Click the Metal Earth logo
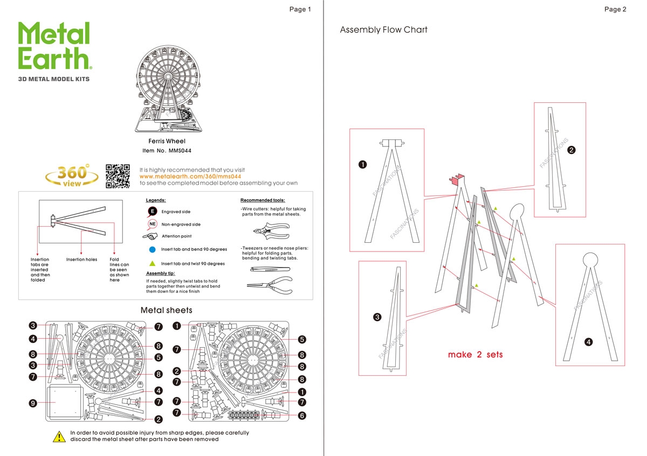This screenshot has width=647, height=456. click(x=54, y=47)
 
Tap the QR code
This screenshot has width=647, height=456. click(x=118, y=176)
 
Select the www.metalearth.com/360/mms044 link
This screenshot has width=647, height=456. click(x=190, y=176)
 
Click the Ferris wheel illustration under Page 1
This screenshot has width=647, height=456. click(x=167, y=88)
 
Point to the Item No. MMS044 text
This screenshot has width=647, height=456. click(x=167, y=150)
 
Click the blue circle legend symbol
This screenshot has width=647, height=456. click(x=152, y=249)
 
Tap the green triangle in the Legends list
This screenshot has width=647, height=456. click(x=152, y=263)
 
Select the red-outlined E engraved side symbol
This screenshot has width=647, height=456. click(x=153, y=212)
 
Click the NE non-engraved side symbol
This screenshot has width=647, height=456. click(x=153, y=224)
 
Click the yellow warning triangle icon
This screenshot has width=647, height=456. click(x=59, y=436)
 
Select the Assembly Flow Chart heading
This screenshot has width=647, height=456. click(x=383, y=30)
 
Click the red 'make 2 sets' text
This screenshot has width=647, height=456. click(x=475, y=355)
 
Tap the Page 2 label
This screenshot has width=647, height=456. click(x=615, y=9)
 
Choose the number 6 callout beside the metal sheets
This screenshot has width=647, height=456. click(x=302, y=416)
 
